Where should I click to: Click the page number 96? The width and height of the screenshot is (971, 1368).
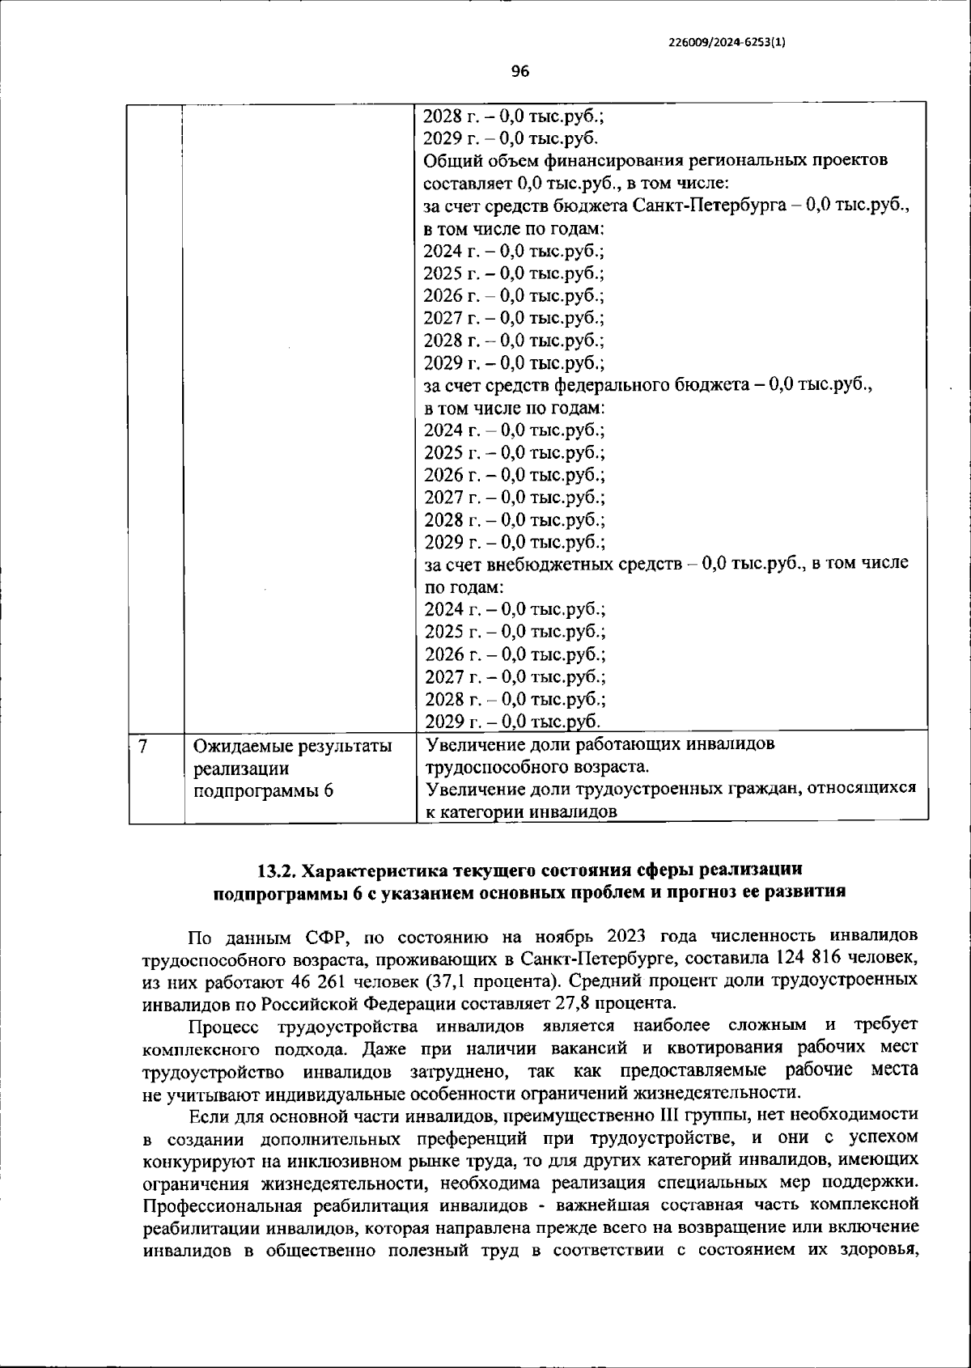(520, 72)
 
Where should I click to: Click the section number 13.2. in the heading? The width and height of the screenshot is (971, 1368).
(276, 870)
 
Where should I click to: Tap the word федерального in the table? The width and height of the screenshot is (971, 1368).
(614, 385)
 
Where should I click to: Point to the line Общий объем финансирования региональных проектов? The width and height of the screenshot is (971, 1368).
(655, 159)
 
